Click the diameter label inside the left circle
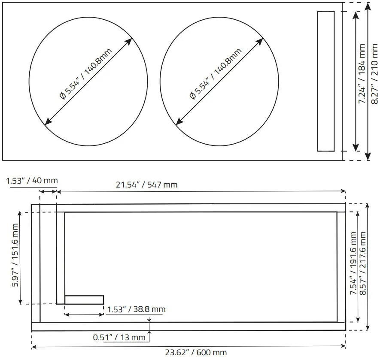[85, 74]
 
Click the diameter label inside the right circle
[216, 74]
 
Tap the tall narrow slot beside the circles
[325, 81]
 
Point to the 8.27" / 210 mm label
[375, 73]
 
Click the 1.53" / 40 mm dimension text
[32, 181]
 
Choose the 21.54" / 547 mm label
[146, 185]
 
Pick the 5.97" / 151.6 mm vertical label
[15, 261]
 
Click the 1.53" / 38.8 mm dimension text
[136, 309]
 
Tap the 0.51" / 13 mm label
[119, 337]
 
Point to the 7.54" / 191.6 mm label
[353, 263]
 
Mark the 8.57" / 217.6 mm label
[364, 263]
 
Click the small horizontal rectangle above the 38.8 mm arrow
[84, 299]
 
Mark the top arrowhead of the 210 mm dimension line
[368, 6]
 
